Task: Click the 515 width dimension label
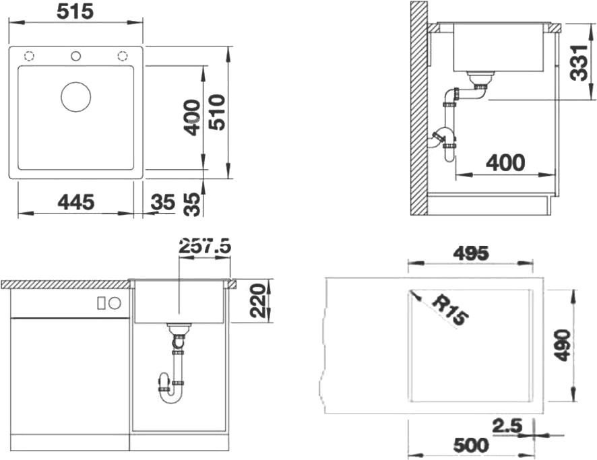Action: [75, 11]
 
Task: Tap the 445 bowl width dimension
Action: [75, 202]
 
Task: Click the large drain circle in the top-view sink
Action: [75, 96]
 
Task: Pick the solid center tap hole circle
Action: [75, 57]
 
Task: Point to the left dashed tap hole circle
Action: [29, 57]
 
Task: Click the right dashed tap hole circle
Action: [122, 57]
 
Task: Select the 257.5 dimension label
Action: [206, 246]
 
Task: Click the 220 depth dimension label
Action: [257, 300]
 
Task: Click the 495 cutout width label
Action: [470, 254]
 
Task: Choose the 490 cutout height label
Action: [562, 346]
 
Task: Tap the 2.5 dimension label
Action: [507, 426]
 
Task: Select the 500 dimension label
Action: [471, 445]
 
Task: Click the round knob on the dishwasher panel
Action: [115, 303]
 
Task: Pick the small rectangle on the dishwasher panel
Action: [101, 303]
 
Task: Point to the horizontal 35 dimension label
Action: [163, 202]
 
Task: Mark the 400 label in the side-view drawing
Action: [505, 163]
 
